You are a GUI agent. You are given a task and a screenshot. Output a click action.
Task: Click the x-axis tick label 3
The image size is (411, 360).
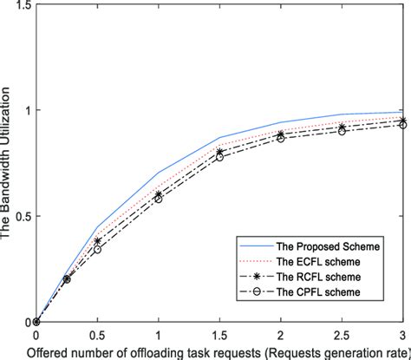tap(402, 333)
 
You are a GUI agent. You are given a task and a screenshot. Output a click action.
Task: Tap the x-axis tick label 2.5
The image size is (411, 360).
tap(341, 333)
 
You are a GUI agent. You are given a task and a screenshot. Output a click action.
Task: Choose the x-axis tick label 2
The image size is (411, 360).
tap(280, 333)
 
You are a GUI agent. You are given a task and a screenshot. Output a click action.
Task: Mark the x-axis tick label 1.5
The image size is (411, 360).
tap(219, 333)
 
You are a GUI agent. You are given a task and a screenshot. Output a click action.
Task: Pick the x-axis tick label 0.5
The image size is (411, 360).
tap(97, 333)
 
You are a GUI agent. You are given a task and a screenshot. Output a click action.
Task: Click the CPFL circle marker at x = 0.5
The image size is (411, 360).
tap(97, 249)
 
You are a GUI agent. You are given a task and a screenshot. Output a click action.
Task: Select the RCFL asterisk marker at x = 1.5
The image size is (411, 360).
tap(219, 152)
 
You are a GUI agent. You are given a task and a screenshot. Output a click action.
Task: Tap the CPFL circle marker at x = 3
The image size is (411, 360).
tap(402, 125)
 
